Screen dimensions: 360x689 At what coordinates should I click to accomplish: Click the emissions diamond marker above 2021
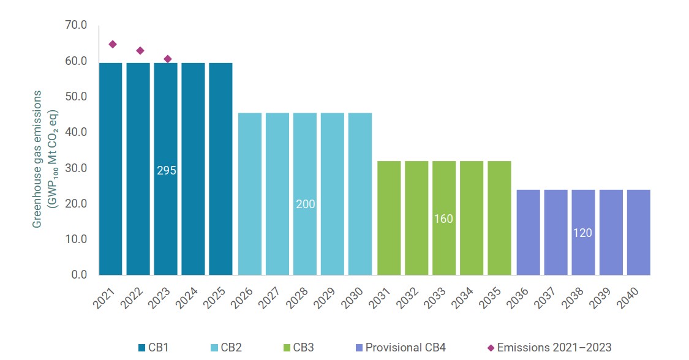[112, 44]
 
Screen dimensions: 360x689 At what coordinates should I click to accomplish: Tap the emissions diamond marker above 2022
[140, 50]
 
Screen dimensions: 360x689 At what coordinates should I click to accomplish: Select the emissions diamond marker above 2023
[167, 59]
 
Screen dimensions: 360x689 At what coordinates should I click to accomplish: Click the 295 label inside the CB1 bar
[166, 171]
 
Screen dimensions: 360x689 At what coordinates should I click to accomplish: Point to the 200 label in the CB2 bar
[305, 204]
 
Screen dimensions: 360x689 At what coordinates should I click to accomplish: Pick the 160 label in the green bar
[443, 219]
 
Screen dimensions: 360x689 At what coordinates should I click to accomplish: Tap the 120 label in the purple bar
[582, 233]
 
